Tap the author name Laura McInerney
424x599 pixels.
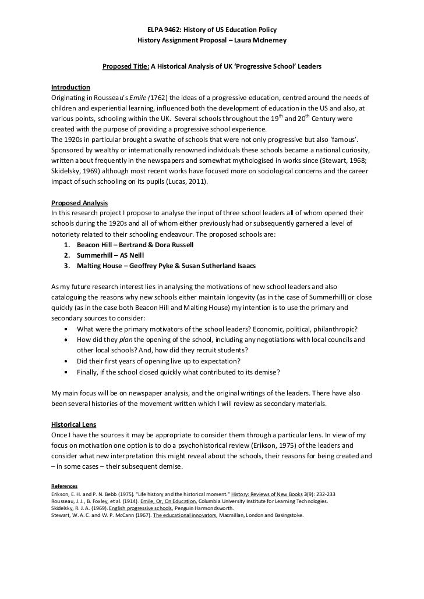256,41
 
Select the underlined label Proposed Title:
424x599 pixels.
125,67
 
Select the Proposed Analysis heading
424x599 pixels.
79,204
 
